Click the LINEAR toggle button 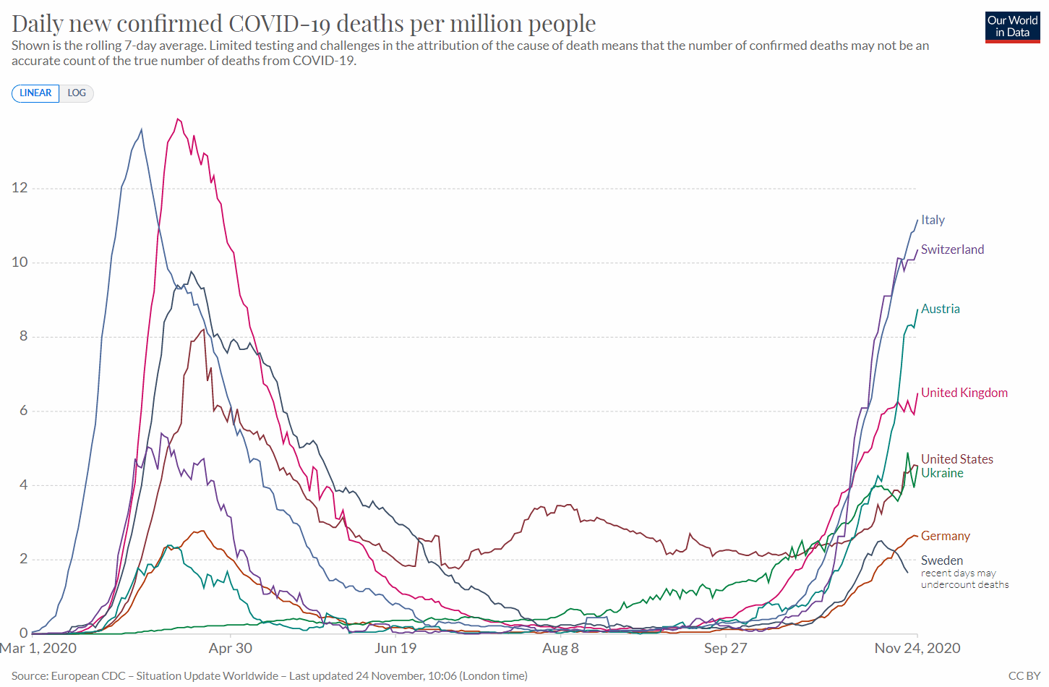click(x=35, y=93)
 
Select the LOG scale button click(x=77, y=93)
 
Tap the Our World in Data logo click(x=1012, y=27)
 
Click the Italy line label click(x=933, y=220)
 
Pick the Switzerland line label click(x=952, y=249)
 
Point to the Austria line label click(x=940, y=309)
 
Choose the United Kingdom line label click(x=964, y=393)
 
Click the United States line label click(x=956, y=459)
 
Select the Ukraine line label click(x=942, y=473)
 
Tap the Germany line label click(x=945, y=536)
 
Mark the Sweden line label click(x=941, y=560)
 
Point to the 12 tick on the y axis click(x=20, y=188)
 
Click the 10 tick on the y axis click(x=20, y=263)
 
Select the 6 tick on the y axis click(x=23, y=411)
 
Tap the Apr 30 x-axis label click(x=231, y=648)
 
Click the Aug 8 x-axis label click(x=560, y=648)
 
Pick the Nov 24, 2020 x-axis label click(x=917, y=648)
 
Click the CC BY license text click(x=1024, y=675)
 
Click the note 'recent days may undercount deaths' click(x=964, y=579)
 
